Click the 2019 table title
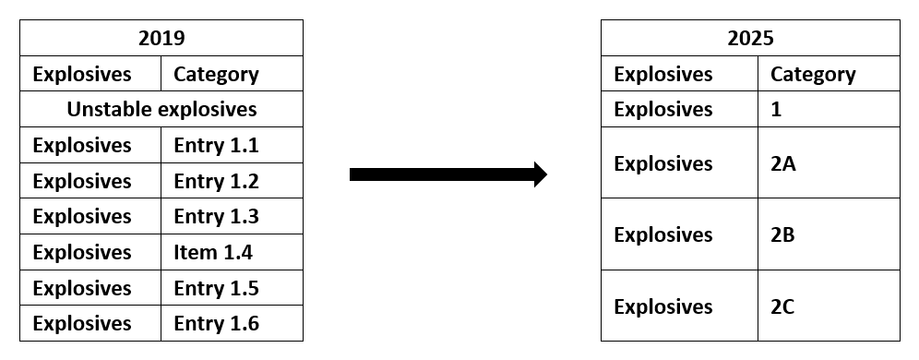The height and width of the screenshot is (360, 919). click(161, 38)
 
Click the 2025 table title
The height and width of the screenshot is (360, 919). click(749, 38)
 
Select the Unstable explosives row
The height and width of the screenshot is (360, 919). click(161, 109)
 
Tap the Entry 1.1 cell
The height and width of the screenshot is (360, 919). click(216, 145)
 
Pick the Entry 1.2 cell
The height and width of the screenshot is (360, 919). click(216, 181)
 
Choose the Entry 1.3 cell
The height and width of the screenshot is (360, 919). click(216, 216)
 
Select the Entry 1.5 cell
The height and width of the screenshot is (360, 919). click(216, 288)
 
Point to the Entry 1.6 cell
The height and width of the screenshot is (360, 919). click(216, 323)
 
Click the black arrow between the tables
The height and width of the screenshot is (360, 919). click(448, 174)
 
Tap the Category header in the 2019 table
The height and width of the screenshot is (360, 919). click(216, 74)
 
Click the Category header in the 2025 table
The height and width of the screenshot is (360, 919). click(813, 74)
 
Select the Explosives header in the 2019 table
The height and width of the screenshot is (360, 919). click(82, 74)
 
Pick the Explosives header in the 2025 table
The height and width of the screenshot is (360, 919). click(663, 74)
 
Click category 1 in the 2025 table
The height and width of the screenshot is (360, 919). click(776, 109)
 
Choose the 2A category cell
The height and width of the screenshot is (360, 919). click(782, 163)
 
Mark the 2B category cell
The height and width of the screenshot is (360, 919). click(782, 234)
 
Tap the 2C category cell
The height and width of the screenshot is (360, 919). click(782, 306)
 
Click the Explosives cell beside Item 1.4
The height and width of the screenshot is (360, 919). click(82, 252)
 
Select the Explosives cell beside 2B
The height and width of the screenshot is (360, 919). click(663, 234)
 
